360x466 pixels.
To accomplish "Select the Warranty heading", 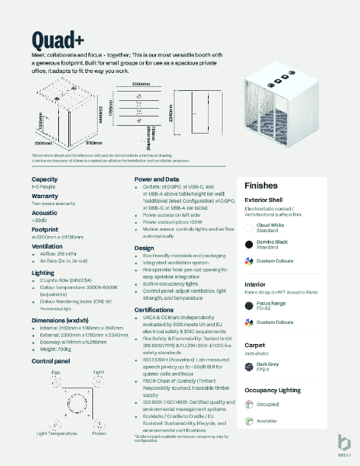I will [46, 196].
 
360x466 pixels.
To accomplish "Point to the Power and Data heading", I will [161, 179].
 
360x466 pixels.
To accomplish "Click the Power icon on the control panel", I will [99, 413].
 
